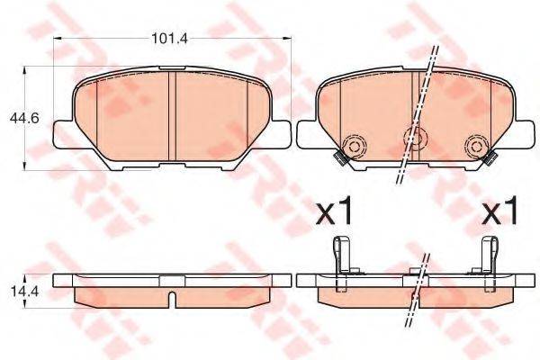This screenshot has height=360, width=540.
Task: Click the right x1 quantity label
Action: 502,212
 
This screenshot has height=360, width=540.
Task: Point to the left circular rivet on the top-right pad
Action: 354,147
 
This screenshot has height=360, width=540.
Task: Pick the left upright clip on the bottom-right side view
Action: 340,256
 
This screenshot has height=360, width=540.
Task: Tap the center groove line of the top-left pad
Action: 171,117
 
